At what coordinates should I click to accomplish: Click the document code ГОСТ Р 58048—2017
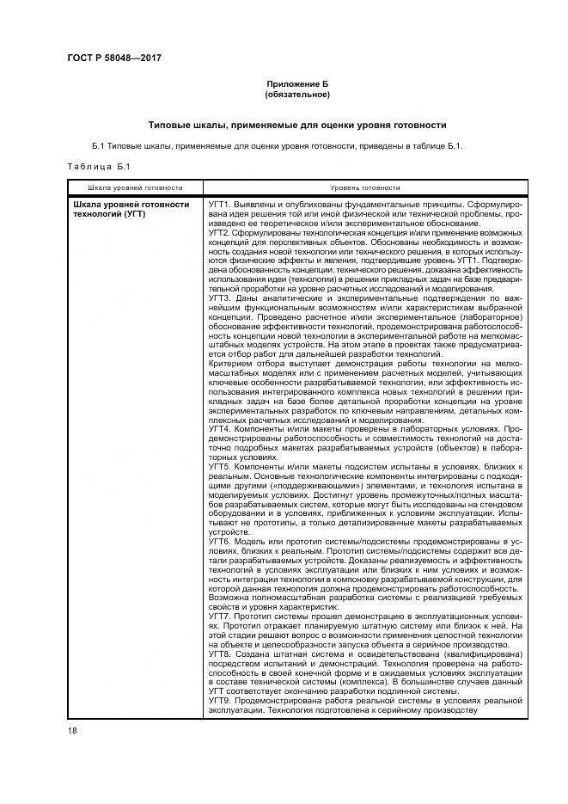tap(114, 58)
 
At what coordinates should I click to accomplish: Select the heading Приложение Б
tap(297, 84)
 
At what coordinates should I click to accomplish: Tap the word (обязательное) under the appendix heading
tap(297, 95)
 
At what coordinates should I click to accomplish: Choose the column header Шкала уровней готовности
tap(135, 187)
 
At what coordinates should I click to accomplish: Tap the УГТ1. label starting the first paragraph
tap(222, 205)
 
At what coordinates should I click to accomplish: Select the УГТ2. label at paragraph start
tap(222, 232)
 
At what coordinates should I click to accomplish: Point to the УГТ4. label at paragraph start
tap(222, 428)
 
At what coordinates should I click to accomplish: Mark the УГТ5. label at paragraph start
tap(222, 465)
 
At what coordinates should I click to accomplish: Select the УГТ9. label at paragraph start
tap(222, 700)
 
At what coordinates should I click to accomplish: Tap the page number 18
tap(72, 731)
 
